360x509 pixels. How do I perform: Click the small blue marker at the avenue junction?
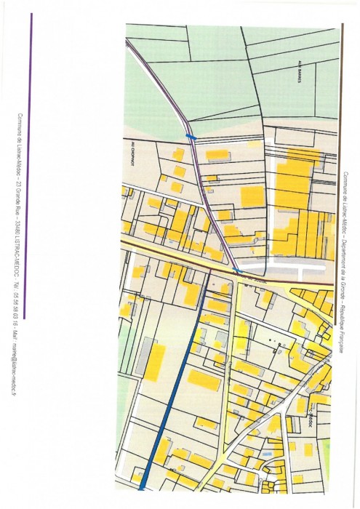tap(235, 270)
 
